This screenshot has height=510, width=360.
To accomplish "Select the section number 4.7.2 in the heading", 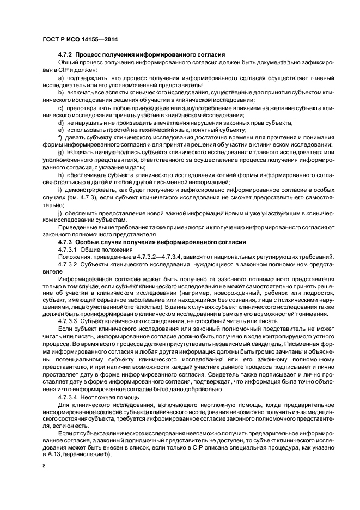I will pos(65,56).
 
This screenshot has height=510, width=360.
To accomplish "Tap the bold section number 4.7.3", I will pos(65,241).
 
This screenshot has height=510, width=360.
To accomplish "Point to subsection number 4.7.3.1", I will pos(69,249).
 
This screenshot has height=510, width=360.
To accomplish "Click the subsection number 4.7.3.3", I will pos(69,321).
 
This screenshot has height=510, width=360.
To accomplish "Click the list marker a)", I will pos(61,77).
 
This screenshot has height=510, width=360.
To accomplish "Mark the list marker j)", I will pos(60,212).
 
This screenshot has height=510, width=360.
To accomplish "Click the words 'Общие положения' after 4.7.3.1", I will pos(110,249).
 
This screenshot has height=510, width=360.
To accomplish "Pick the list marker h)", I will pos(61,175).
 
